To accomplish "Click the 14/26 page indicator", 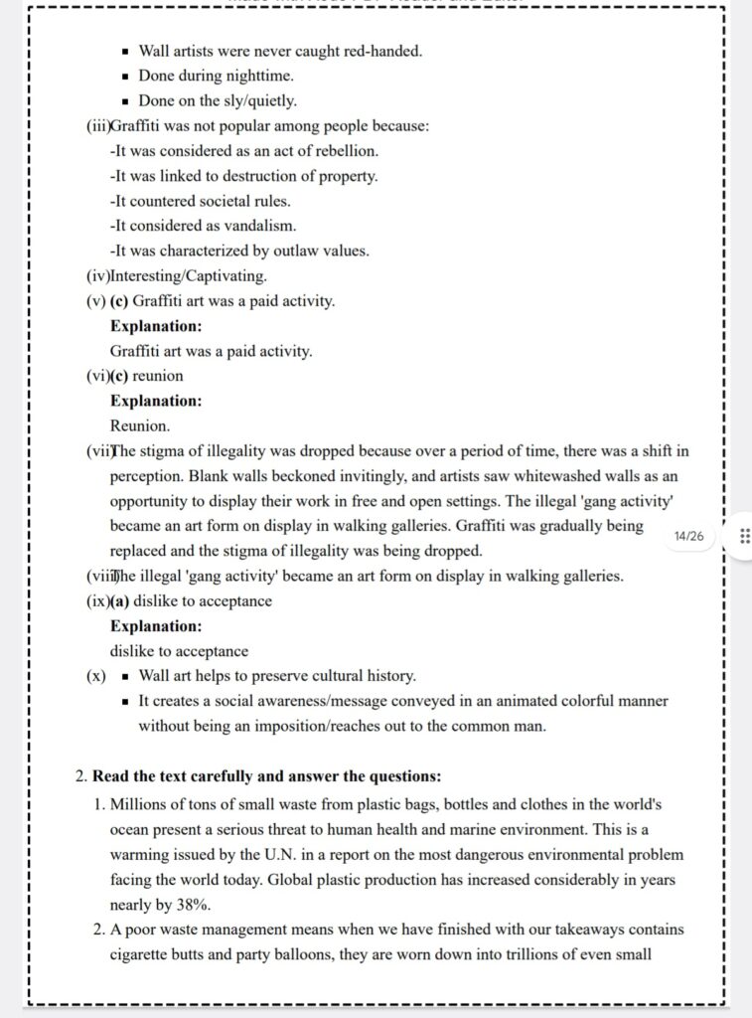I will [x=687, y=536].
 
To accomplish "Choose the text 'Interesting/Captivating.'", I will [x=189, y=275].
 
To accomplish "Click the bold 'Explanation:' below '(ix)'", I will [x=156, y=626].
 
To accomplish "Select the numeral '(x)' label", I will [x=96, y=676].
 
